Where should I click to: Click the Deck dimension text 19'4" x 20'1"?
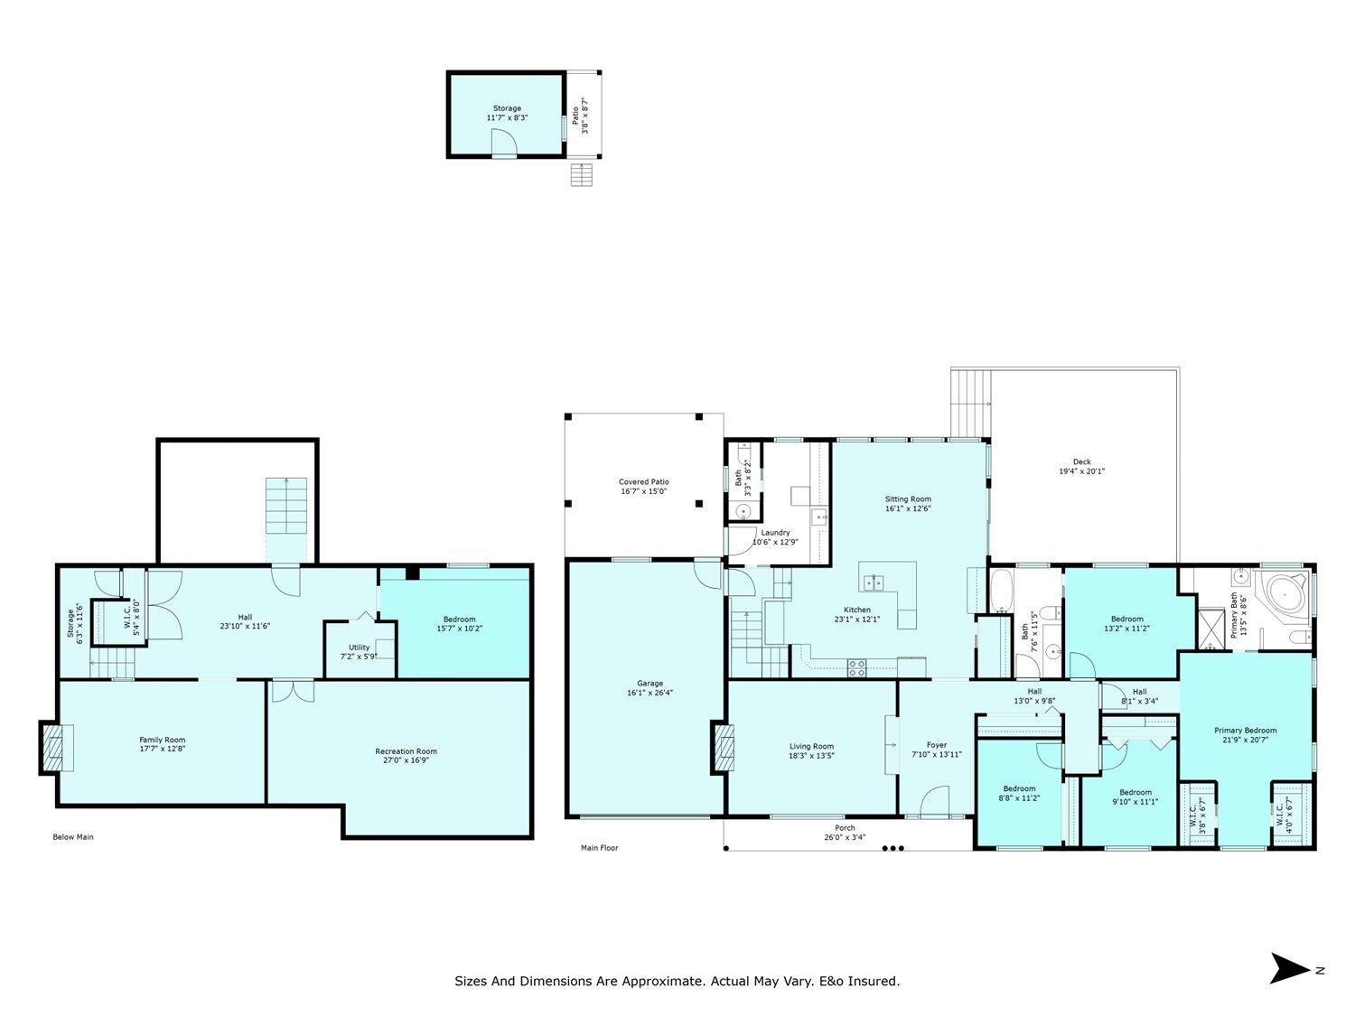(1081, 471)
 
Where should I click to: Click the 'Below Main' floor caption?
(73, 837)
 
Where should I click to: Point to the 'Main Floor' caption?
(599, 848)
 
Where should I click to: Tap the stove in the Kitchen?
(856, 668)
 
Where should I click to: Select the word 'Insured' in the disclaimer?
(874, 981)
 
